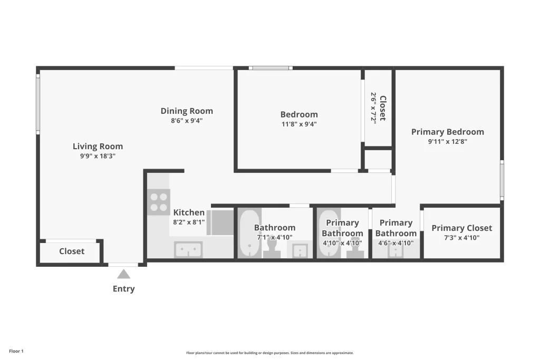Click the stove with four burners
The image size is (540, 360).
click(x=157, y=202)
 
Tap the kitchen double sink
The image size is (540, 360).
click(x=188, y=249)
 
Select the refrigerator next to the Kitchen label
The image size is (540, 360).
click(x=220, y=222)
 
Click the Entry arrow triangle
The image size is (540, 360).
click(x=123, y=274)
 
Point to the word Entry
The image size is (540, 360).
click(x=123, y=289)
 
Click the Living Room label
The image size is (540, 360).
click(x=98, y=147)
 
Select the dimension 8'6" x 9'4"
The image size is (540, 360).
click(x=187, y=121)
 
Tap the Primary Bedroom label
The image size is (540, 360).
click(x=447, y=132)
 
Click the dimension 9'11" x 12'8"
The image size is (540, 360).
click(x=447, y=141)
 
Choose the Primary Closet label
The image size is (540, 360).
click(x=461, y=228)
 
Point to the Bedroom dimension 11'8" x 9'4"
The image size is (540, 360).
click(x=298, y=124)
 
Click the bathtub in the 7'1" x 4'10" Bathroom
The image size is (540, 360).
click(x=248, y=233)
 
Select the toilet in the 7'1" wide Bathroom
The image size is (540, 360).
click(x=272, y=248)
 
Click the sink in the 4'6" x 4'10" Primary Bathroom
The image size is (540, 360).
click(x=396, y=250)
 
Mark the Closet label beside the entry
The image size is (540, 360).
click(x=72, y=251)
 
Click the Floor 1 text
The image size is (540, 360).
click(x=16, y=351)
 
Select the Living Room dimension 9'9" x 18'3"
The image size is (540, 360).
click(x=98, y=157)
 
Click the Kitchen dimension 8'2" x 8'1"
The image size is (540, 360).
click(x=189, y=222)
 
